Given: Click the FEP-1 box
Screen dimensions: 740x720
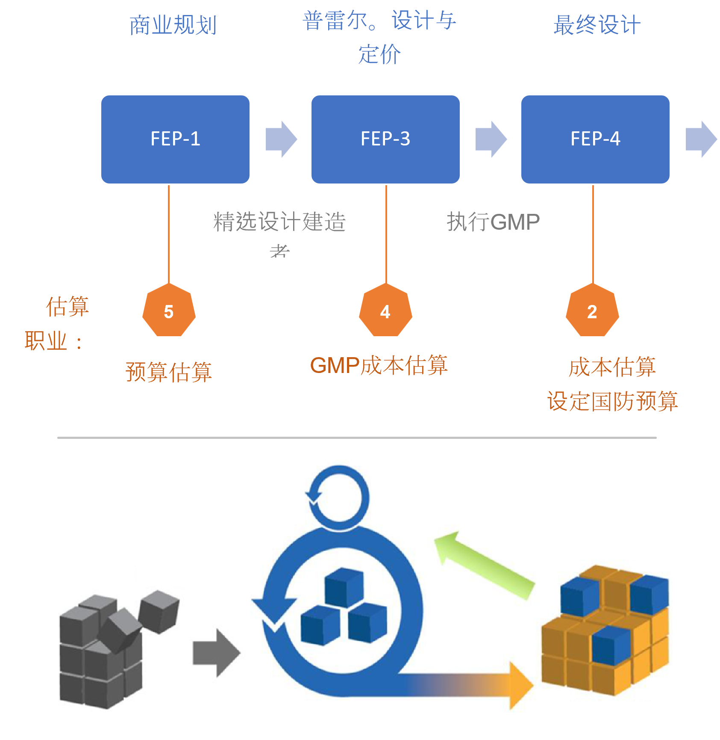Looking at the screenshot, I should (x=175, y=139).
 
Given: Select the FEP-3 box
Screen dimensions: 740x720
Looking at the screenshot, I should (x=385, y=139).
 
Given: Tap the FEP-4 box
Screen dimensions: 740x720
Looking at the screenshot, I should (x=595, y=139).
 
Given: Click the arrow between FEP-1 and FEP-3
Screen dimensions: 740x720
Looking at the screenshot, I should (x=281, y=139).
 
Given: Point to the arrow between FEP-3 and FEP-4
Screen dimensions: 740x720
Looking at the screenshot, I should (x=491, y=139).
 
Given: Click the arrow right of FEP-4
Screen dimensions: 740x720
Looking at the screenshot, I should (x=701, y=139).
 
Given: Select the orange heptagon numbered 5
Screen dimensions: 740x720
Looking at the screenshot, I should (x=169, y=311).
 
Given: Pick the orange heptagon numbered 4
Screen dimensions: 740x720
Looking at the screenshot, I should (x=385, y=311).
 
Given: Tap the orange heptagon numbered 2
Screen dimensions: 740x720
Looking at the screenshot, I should (x=592, y=311).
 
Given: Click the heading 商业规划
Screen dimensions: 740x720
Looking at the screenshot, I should (x=173, y=25).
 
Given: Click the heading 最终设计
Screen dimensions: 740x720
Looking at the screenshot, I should (x=597, y=25).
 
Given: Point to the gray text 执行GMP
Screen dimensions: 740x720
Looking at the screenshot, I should (x=493, y=222).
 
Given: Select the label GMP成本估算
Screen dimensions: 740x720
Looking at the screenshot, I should (x=379, y=366).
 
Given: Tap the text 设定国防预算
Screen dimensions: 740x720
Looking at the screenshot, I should (x=612, y=401).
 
